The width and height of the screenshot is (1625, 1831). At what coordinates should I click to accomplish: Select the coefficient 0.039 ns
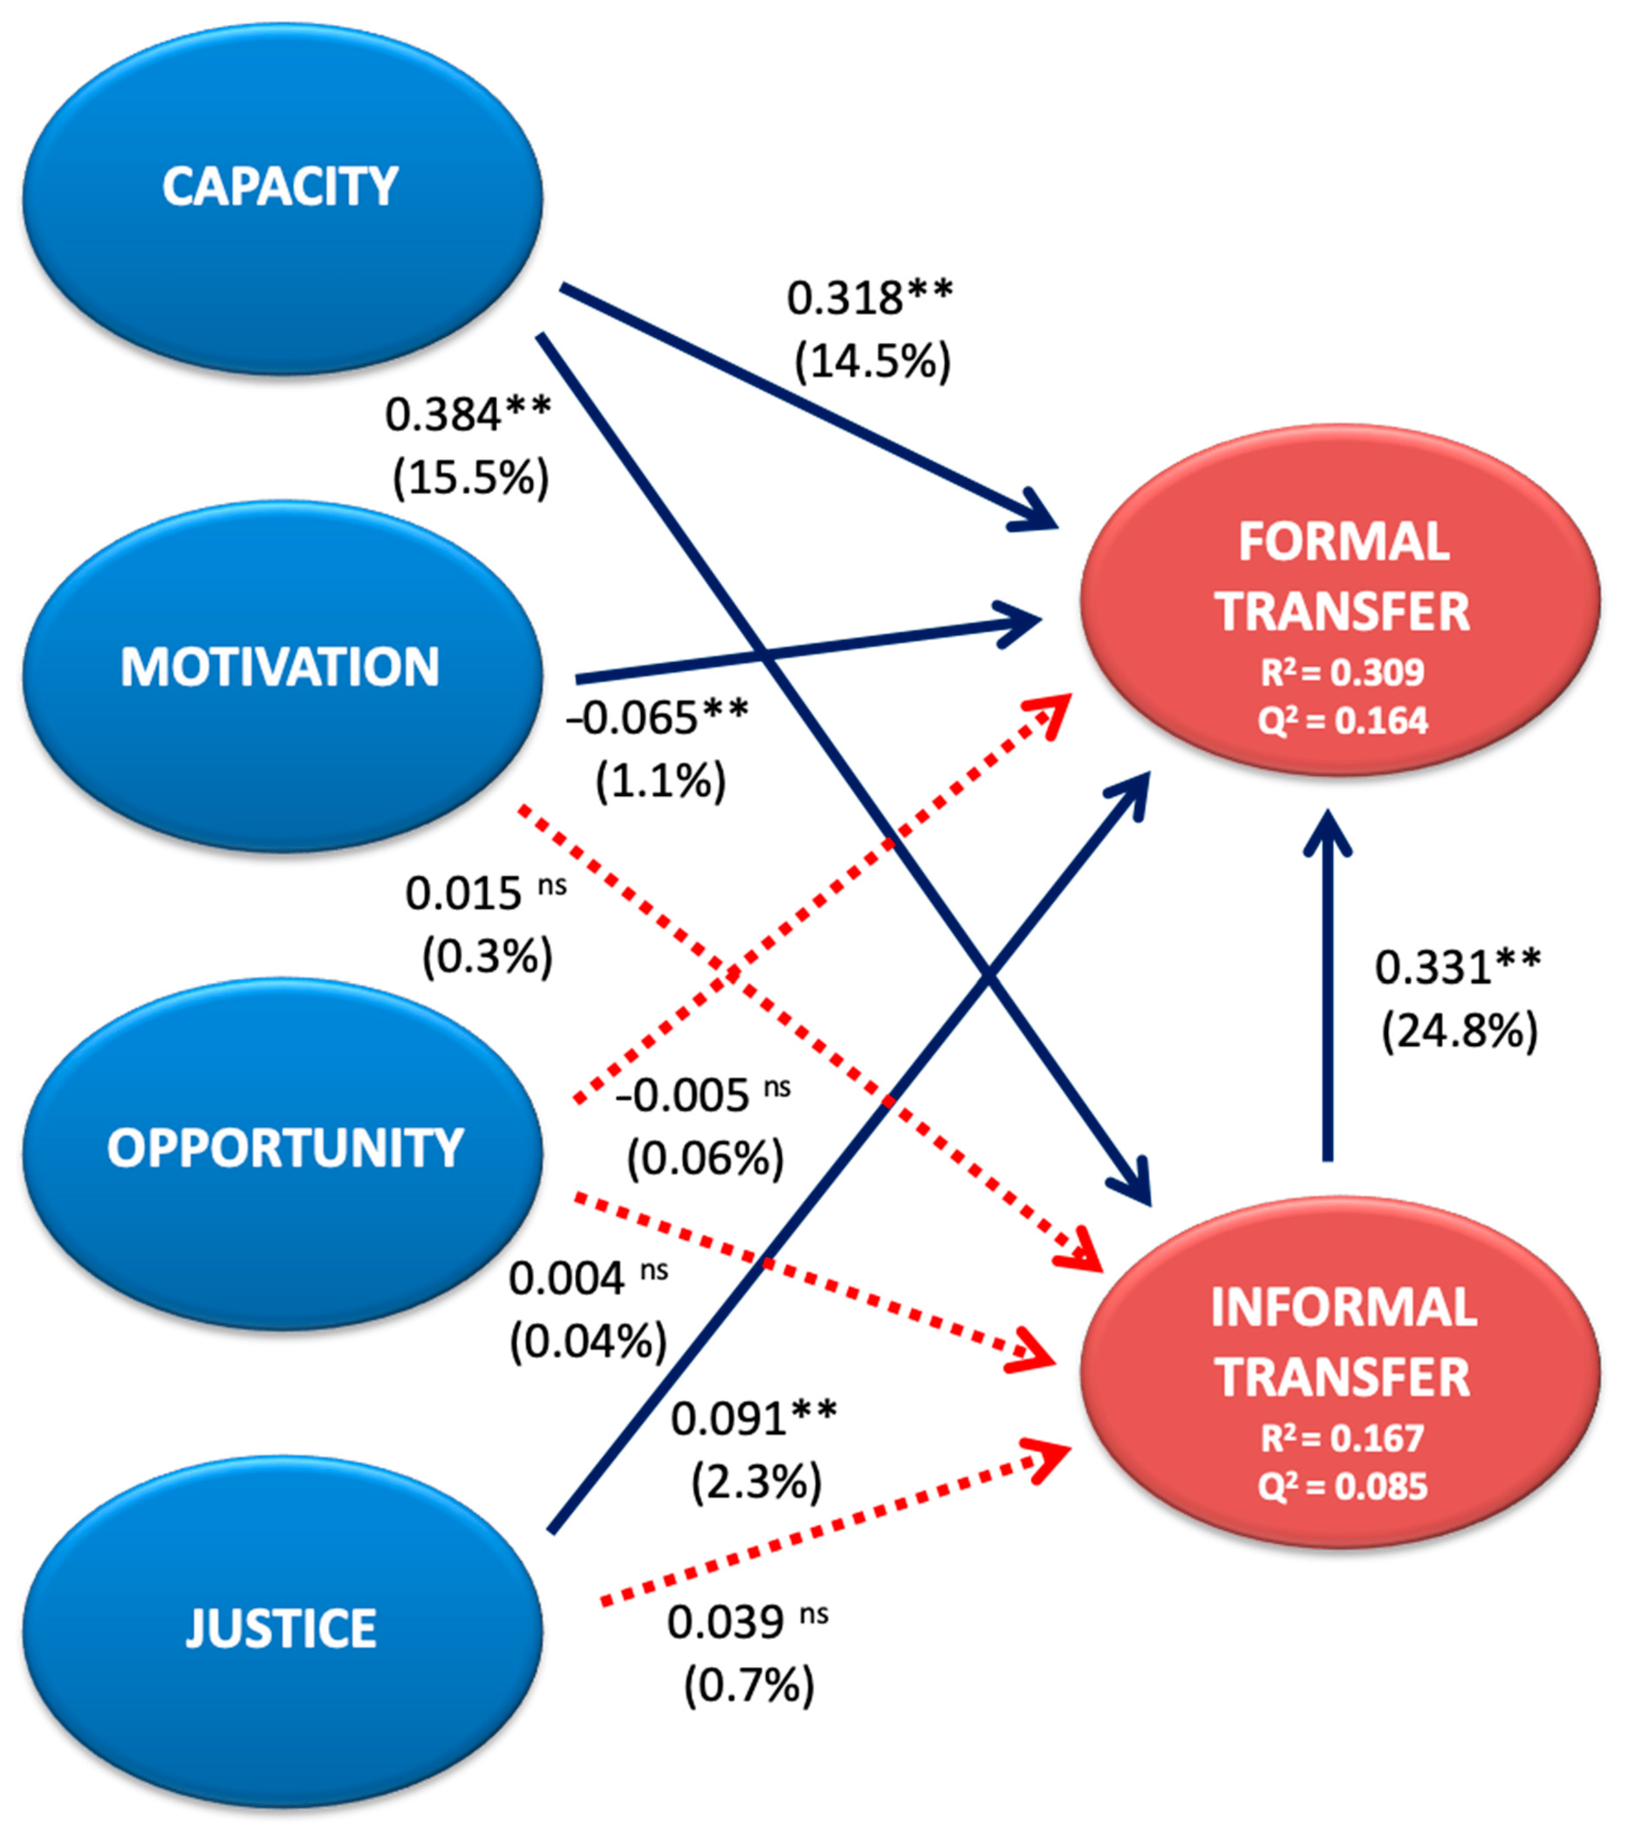tap(746, 1622)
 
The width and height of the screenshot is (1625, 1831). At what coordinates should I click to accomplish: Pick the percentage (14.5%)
tap(872, 362)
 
